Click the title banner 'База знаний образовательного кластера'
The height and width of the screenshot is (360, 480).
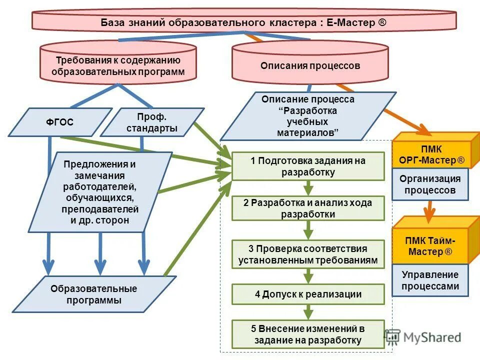tap(244, 22)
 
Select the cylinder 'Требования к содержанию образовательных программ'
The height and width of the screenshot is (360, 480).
tap(118, 66)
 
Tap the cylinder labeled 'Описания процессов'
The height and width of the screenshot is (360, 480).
tap(310, 66)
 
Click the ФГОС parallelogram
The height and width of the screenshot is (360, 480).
tap(59, 122)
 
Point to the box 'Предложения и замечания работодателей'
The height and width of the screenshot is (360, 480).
tap(100, 192)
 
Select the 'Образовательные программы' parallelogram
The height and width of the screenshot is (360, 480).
tap(93, 294)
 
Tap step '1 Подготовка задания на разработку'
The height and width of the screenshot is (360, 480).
tap(308, 166)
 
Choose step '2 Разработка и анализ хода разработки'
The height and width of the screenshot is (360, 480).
tap(308, 208)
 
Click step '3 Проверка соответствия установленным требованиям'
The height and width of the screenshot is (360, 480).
tap(308, 254)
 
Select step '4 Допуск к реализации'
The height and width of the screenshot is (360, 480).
tap(308, 294)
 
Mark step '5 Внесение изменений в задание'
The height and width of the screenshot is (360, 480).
tap(308, 334)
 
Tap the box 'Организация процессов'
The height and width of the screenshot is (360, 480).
tap(430, 184)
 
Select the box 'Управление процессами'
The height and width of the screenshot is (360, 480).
tap(430, 280)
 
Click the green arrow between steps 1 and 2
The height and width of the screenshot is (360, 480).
tap(308, 188)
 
